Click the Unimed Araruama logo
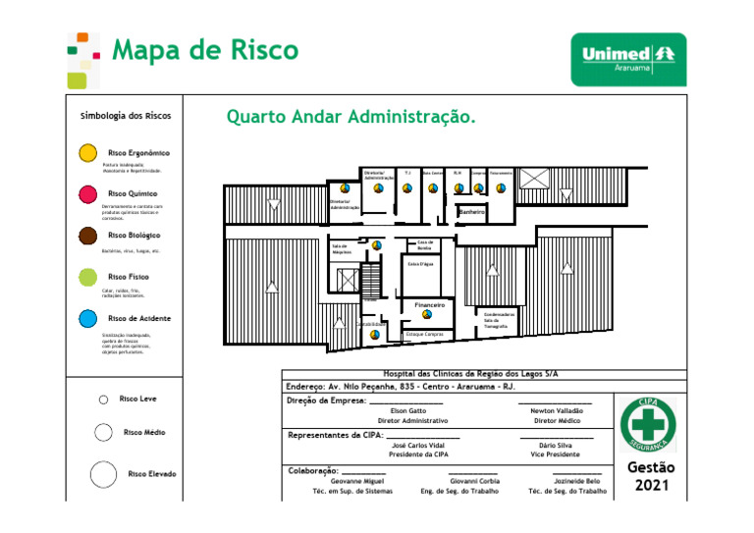tap(628, 59)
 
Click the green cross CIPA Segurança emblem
tap(648, 425)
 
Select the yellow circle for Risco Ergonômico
tap(87, 153)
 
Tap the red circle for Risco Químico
tap(87, 194)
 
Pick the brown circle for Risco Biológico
tap(87, 236)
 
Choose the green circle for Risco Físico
tap(87, 278)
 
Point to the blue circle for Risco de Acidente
tap(87, 319)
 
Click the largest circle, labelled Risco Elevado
tap(104, 475)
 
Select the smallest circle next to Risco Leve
tap(103, 400)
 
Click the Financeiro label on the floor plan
tap(430, 305)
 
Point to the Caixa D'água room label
tap(419, 264)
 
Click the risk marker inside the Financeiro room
tap(427, 315)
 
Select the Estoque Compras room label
tap(424, 335)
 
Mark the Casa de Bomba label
tap(424, 245)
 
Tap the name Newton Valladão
tap(557, 410)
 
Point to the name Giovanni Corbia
tap(474, 481)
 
